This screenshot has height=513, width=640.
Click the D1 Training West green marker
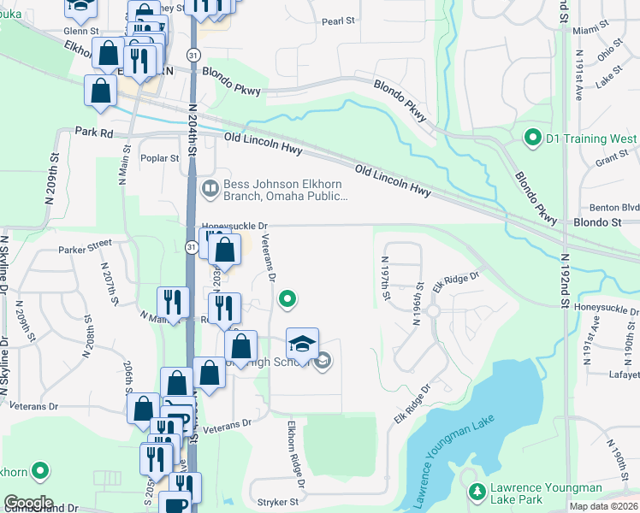(x=531, y=138)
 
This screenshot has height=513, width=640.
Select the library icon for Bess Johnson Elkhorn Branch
(x=210, y=188)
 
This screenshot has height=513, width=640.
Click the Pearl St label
(x=338, y=22)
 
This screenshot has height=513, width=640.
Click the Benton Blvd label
(x=614, y=207)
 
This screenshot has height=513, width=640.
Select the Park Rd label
(x=94, y=133)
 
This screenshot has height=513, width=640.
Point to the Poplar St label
(x=162, y=158)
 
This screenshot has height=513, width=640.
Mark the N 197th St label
(x=386, y=278)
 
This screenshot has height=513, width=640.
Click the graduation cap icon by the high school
(x=302, y=345)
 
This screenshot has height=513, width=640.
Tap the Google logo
(x=28, y=503)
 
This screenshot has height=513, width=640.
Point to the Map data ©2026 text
(x=603, y=506)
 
